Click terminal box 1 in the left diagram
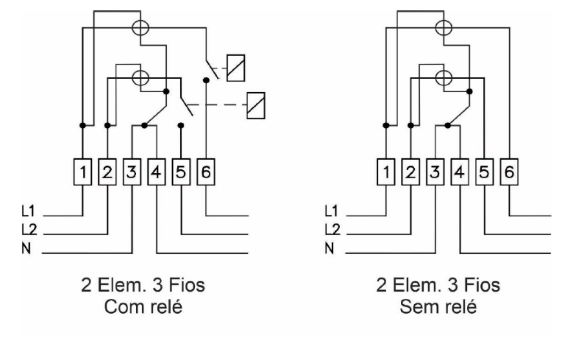pyautogui.click(x=83, y=172)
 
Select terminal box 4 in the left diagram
pyautogui.click(x=157, y=172)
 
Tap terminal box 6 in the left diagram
pyautogui.click(x=206, y=172)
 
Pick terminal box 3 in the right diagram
pyautogui.click(x=435, y=172)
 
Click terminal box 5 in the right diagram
pyautogui.click(x=484, y=172)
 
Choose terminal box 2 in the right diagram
pyautogui.click(x=411, y=172)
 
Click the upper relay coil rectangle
pyautogui.click(x=236, y=68)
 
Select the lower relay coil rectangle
pyautogui.click(x=256, y=105)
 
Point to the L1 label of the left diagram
pyautogui.click(x=28, y=211)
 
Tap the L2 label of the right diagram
pyautogui.click(x=332, y=229)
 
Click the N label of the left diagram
pyautogui.click(x=26, y=248)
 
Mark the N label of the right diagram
pyautogui.click(x=329, y=248)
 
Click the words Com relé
pyautogui.click(x=143, y=307)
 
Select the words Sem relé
pyautogui.click(x=438, y=307)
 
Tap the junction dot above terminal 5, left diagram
pyautogui.click(x=181, y=125)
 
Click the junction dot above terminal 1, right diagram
pyautogui.click(x=386, y=125)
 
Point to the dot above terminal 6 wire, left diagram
pyautogui.click(x=206, y=80)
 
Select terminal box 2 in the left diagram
pyautogui.click(x=107, y=172)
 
